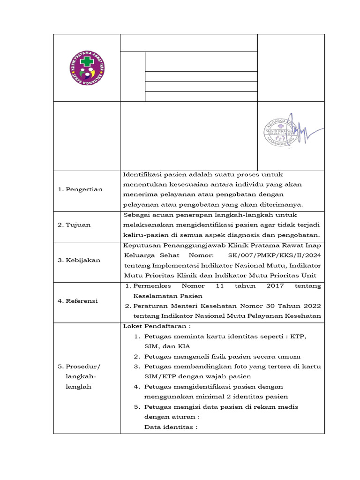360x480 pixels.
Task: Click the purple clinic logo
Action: tap(86, 68)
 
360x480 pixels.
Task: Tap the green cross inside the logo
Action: tap(86, 61)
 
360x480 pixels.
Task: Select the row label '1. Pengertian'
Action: tap(80, 189)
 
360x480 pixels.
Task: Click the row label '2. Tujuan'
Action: tap(74, 225)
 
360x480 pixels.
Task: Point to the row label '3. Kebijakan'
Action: tap(79, 260)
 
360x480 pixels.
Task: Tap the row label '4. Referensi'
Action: tap(78, 301)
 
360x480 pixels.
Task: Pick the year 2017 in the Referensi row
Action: tap(275, 285)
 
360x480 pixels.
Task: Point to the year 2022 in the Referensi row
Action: tap(311, 306)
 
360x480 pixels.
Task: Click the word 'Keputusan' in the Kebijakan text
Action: tap(140, 245)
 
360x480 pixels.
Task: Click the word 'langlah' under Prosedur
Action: tap(78, 387)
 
